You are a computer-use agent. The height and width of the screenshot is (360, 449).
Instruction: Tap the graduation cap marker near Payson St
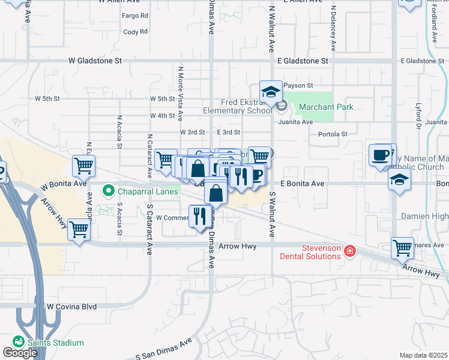point(271,92)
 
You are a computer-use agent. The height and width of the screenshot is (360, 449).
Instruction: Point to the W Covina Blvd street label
point(72,306)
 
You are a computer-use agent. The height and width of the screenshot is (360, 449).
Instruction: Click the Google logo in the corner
point(20,352)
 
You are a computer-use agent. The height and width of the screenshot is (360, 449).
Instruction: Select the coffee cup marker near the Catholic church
point(381,155)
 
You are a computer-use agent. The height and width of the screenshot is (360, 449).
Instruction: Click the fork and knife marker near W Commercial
point(200,216)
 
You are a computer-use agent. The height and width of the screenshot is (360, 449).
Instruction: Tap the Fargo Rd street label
point(135,15)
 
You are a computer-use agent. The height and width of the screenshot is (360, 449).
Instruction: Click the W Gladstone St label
point(95,61)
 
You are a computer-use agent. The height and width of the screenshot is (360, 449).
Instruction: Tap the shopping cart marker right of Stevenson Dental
point(402,247)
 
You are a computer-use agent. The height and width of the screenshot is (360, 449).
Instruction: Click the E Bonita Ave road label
point(303,183)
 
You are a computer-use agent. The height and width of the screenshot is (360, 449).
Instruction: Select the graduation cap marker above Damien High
point(399,179)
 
